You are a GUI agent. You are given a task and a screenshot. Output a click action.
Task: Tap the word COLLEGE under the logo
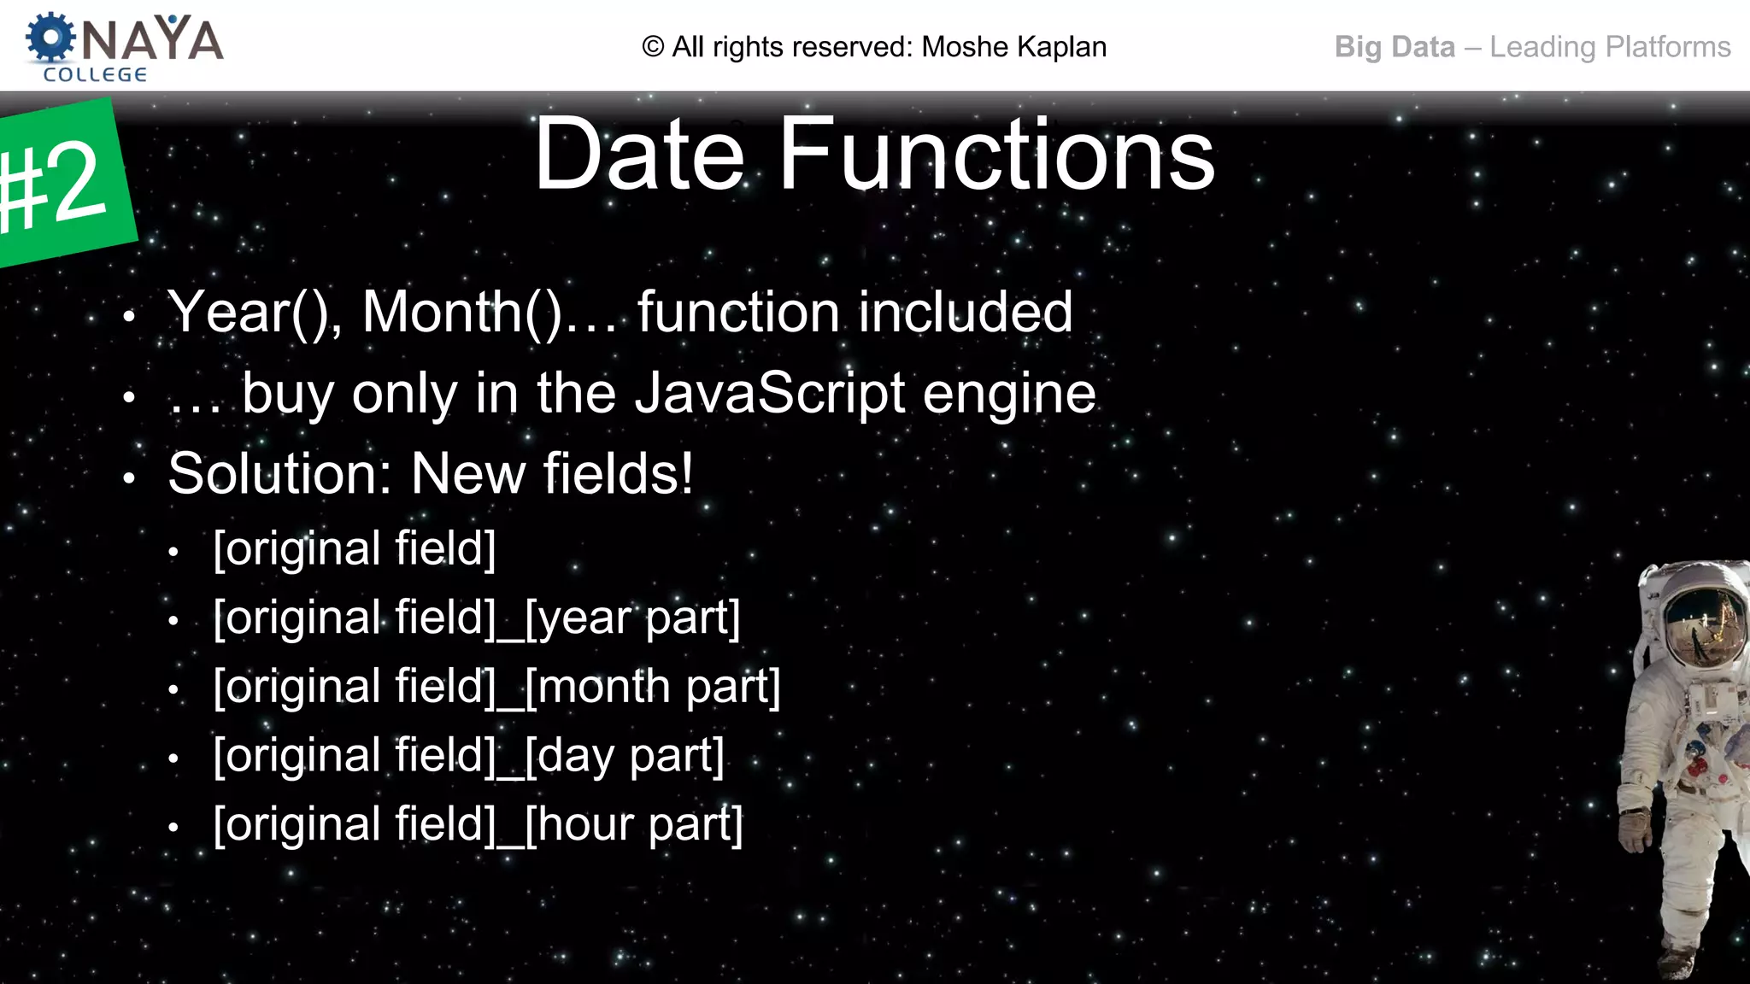95,75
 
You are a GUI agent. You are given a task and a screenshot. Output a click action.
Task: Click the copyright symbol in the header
653,47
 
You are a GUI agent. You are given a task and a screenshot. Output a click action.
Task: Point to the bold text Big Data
1395,47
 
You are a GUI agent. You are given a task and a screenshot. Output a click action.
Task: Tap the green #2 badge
60,184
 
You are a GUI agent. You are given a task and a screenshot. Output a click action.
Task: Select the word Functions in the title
996,155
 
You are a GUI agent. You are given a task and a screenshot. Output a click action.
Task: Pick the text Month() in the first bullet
462,313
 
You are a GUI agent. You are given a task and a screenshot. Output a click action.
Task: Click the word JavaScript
770,394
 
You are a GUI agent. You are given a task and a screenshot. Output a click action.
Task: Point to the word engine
1009,395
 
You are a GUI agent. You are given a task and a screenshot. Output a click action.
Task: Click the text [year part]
632,618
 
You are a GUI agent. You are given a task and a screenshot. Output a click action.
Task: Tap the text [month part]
653,687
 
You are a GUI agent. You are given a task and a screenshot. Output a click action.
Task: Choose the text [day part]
625,756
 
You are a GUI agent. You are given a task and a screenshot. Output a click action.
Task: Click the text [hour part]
634,825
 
